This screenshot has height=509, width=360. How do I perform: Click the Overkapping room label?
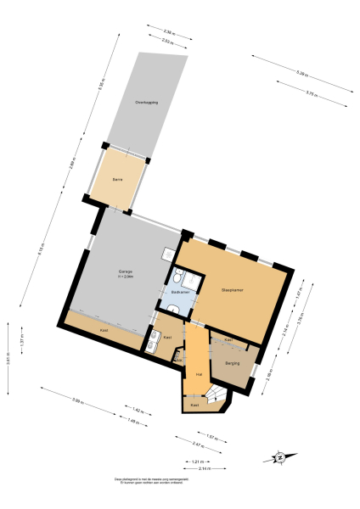tap(146, 103)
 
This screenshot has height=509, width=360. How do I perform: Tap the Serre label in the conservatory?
tap(119, 179)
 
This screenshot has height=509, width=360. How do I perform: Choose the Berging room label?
tap(232, 363)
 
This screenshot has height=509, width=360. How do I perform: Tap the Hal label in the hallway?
tap(198, 372)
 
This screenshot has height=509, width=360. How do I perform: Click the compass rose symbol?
tap(279, 458)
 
